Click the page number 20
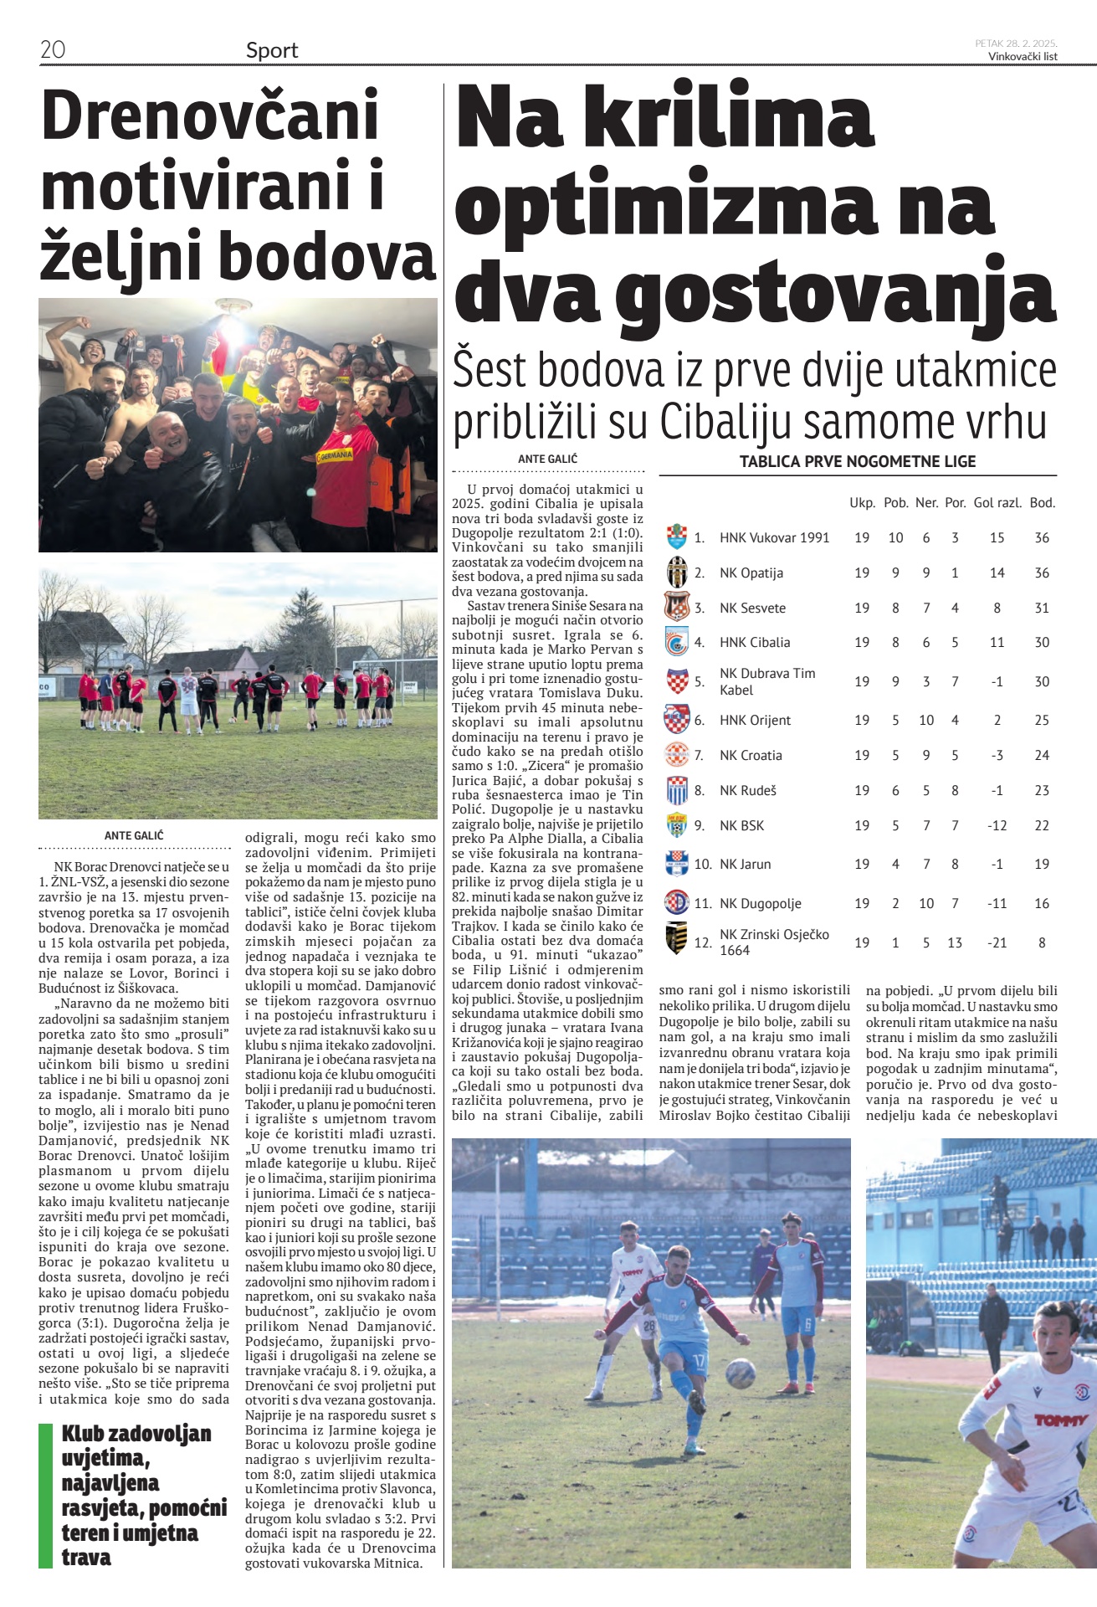(x=53, y=49)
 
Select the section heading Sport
(x=272, y=51)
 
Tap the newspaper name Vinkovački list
(x=1023, y=57)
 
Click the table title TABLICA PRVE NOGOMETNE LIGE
(x=858, y=461)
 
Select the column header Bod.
(x=1042, y=503)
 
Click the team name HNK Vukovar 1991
(x=774, y=537)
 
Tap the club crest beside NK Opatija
(x=676, y=572)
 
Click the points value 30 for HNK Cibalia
(x=1042, y=642)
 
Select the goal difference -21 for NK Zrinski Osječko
(x=997, y=942)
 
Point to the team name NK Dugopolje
(x=760, y=903)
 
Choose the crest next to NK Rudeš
(x=676, y=790)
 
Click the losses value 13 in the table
(x=955, y=942)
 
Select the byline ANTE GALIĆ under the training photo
(x=134, y=835)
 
